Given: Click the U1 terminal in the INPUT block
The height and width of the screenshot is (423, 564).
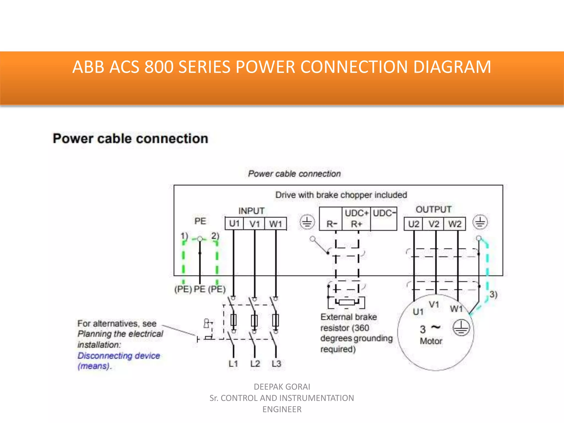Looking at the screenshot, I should click(234, 224).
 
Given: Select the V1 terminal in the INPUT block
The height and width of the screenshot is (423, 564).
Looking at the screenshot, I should click(255, 224).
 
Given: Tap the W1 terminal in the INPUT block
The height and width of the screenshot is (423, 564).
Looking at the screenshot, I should click(276, 224).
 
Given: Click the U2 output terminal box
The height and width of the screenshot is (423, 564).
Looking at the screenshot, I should click(413, 224).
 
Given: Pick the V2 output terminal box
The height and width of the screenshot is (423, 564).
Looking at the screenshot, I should click(434, 224).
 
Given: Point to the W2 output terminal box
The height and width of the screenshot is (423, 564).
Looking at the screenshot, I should click(455, 224).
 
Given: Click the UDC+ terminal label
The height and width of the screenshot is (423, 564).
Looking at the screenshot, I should click(357, 213).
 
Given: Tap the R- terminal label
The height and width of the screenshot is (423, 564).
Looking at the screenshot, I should click(332, 224).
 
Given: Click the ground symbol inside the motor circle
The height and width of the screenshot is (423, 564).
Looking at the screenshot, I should click(461, 328).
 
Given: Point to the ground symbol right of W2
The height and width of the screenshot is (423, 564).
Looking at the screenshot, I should click(480, 222).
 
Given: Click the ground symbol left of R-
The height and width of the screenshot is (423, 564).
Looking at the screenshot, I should click(307, 222).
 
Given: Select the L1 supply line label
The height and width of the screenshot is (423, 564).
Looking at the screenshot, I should click(233, 364).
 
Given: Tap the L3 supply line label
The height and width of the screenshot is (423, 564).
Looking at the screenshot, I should click(276, 364).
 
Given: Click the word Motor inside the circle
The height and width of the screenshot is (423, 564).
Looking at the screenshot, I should click(431, 341).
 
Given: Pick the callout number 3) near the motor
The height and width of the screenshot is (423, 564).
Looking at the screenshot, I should click(493, 294).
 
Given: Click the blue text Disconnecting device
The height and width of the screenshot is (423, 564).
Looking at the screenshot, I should click(119, 356).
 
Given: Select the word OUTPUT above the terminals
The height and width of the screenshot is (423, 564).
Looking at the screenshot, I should click(433, 209).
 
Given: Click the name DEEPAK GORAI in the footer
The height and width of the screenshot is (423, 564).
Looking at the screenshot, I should click(282, 387).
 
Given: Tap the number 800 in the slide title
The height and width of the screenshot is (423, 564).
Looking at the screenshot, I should click(159, 67).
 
